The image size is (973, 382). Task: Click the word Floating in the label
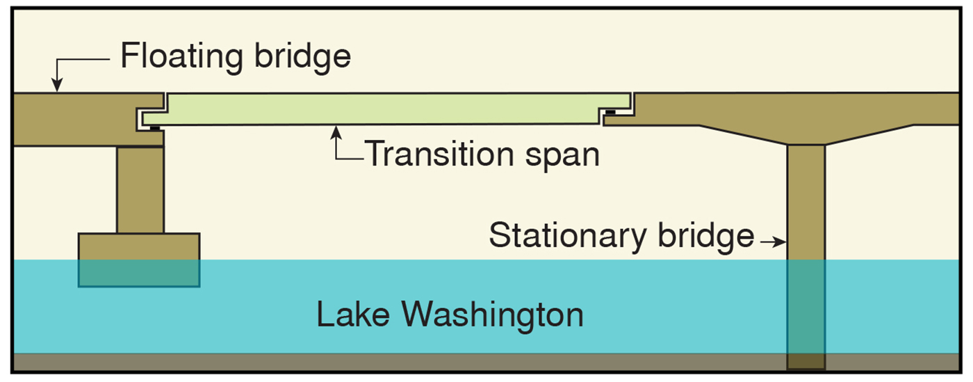pyautogui.click(x=177, y=56)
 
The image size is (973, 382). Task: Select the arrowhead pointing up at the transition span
pyautogui.click(x=337, y=130)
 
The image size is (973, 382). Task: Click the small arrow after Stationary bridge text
pyautogui.click(x=773, y=242)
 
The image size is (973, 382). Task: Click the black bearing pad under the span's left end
pyautogui.click(x=154, y=127)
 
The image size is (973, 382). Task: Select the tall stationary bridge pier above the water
pyautogui.click(x=806, y=202)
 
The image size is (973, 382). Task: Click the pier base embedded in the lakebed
pyautogui.click(x=806, y=362)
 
